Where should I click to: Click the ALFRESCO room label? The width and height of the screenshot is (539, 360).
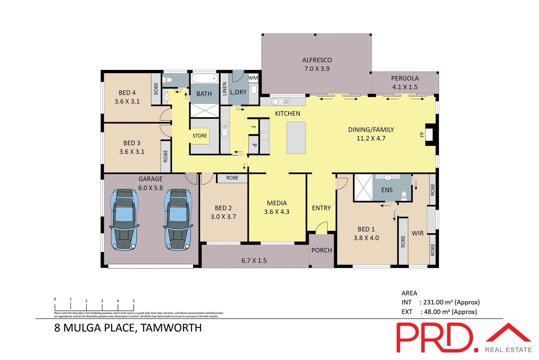317,60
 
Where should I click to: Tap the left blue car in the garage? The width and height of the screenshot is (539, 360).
124,218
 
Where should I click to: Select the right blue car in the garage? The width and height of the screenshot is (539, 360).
178,218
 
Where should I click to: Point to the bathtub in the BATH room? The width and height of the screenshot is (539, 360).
205,78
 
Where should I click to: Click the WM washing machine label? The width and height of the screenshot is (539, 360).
253,78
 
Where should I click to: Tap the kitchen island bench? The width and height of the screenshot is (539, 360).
296,138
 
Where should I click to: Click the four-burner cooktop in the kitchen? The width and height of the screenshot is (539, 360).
264,136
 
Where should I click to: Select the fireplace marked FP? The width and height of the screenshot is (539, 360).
430,135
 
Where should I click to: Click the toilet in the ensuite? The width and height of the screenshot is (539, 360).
404,195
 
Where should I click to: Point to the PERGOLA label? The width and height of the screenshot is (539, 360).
405,78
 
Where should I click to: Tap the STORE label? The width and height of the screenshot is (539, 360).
200,136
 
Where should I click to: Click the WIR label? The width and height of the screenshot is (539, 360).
417,233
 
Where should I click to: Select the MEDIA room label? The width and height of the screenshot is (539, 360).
277,203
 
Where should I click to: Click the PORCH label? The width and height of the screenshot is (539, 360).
321,250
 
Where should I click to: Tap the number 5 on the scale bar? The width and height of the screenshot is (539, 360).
134,301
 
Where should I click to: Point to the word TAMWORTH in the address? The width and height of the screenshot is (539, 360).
171,328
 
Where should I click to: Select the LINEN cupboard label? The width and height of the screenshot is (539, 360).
225,89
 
